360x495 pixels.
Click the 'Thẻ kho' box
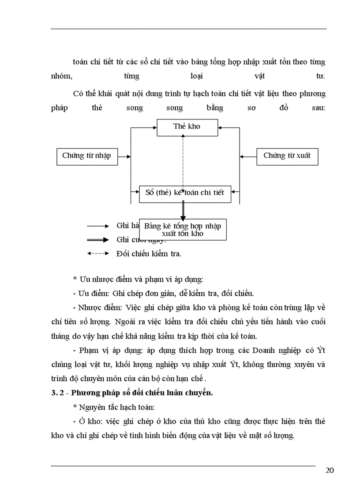tap(187, 127)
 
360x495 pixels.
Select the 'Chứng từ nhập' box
tap(87, 156)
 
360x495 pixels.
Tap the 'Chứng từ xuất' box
tap(287, 156)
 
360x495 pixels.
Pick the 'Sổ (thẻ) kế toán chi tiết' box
tap(185, 193)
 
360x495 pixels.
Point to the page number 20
tap(329, 470)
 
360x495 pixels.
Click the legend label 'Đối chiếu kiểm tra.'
tap(149, 254)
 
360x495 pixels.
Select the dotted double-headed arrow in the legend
tap(97, 254)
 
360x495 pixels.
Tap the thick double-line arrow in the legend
tap(97, 240)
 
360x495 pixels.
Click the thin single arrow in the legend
tap(97, 226)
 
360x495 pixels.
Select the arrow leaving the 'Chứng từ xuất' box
tap(248, 156)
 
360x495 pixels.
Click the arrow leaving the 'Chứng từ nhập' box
tap(124, 156)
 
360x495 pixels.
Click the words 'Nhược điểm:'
tap(101, 307)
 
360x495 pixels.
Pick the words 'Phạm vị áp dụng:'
tap(105, 350)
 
